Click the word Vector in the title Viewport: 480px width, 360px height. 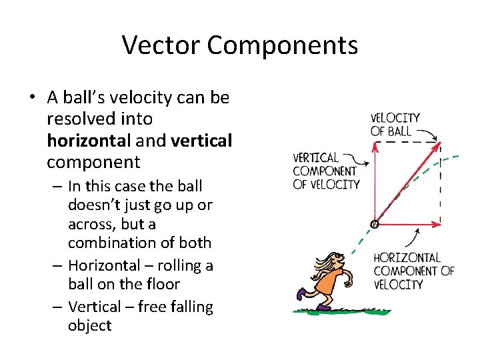(161, 45)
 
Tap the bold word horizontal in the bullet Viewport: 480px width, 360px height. (89, 141)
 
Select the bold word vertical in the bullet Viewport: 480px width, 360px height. (201, 141)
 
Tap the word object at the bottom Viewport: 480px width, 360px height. (89, 325)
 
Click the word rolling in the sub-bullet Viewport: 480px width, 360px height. (171, 265)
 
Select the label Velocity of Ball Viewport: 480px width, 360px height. (395, 124)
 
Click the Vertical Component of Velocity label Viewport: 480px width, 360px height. (326, 171)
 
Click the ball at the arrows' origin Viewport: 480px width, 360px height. (374, 224)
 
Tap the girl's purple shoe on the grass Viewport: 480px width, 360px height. (324, 306)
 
